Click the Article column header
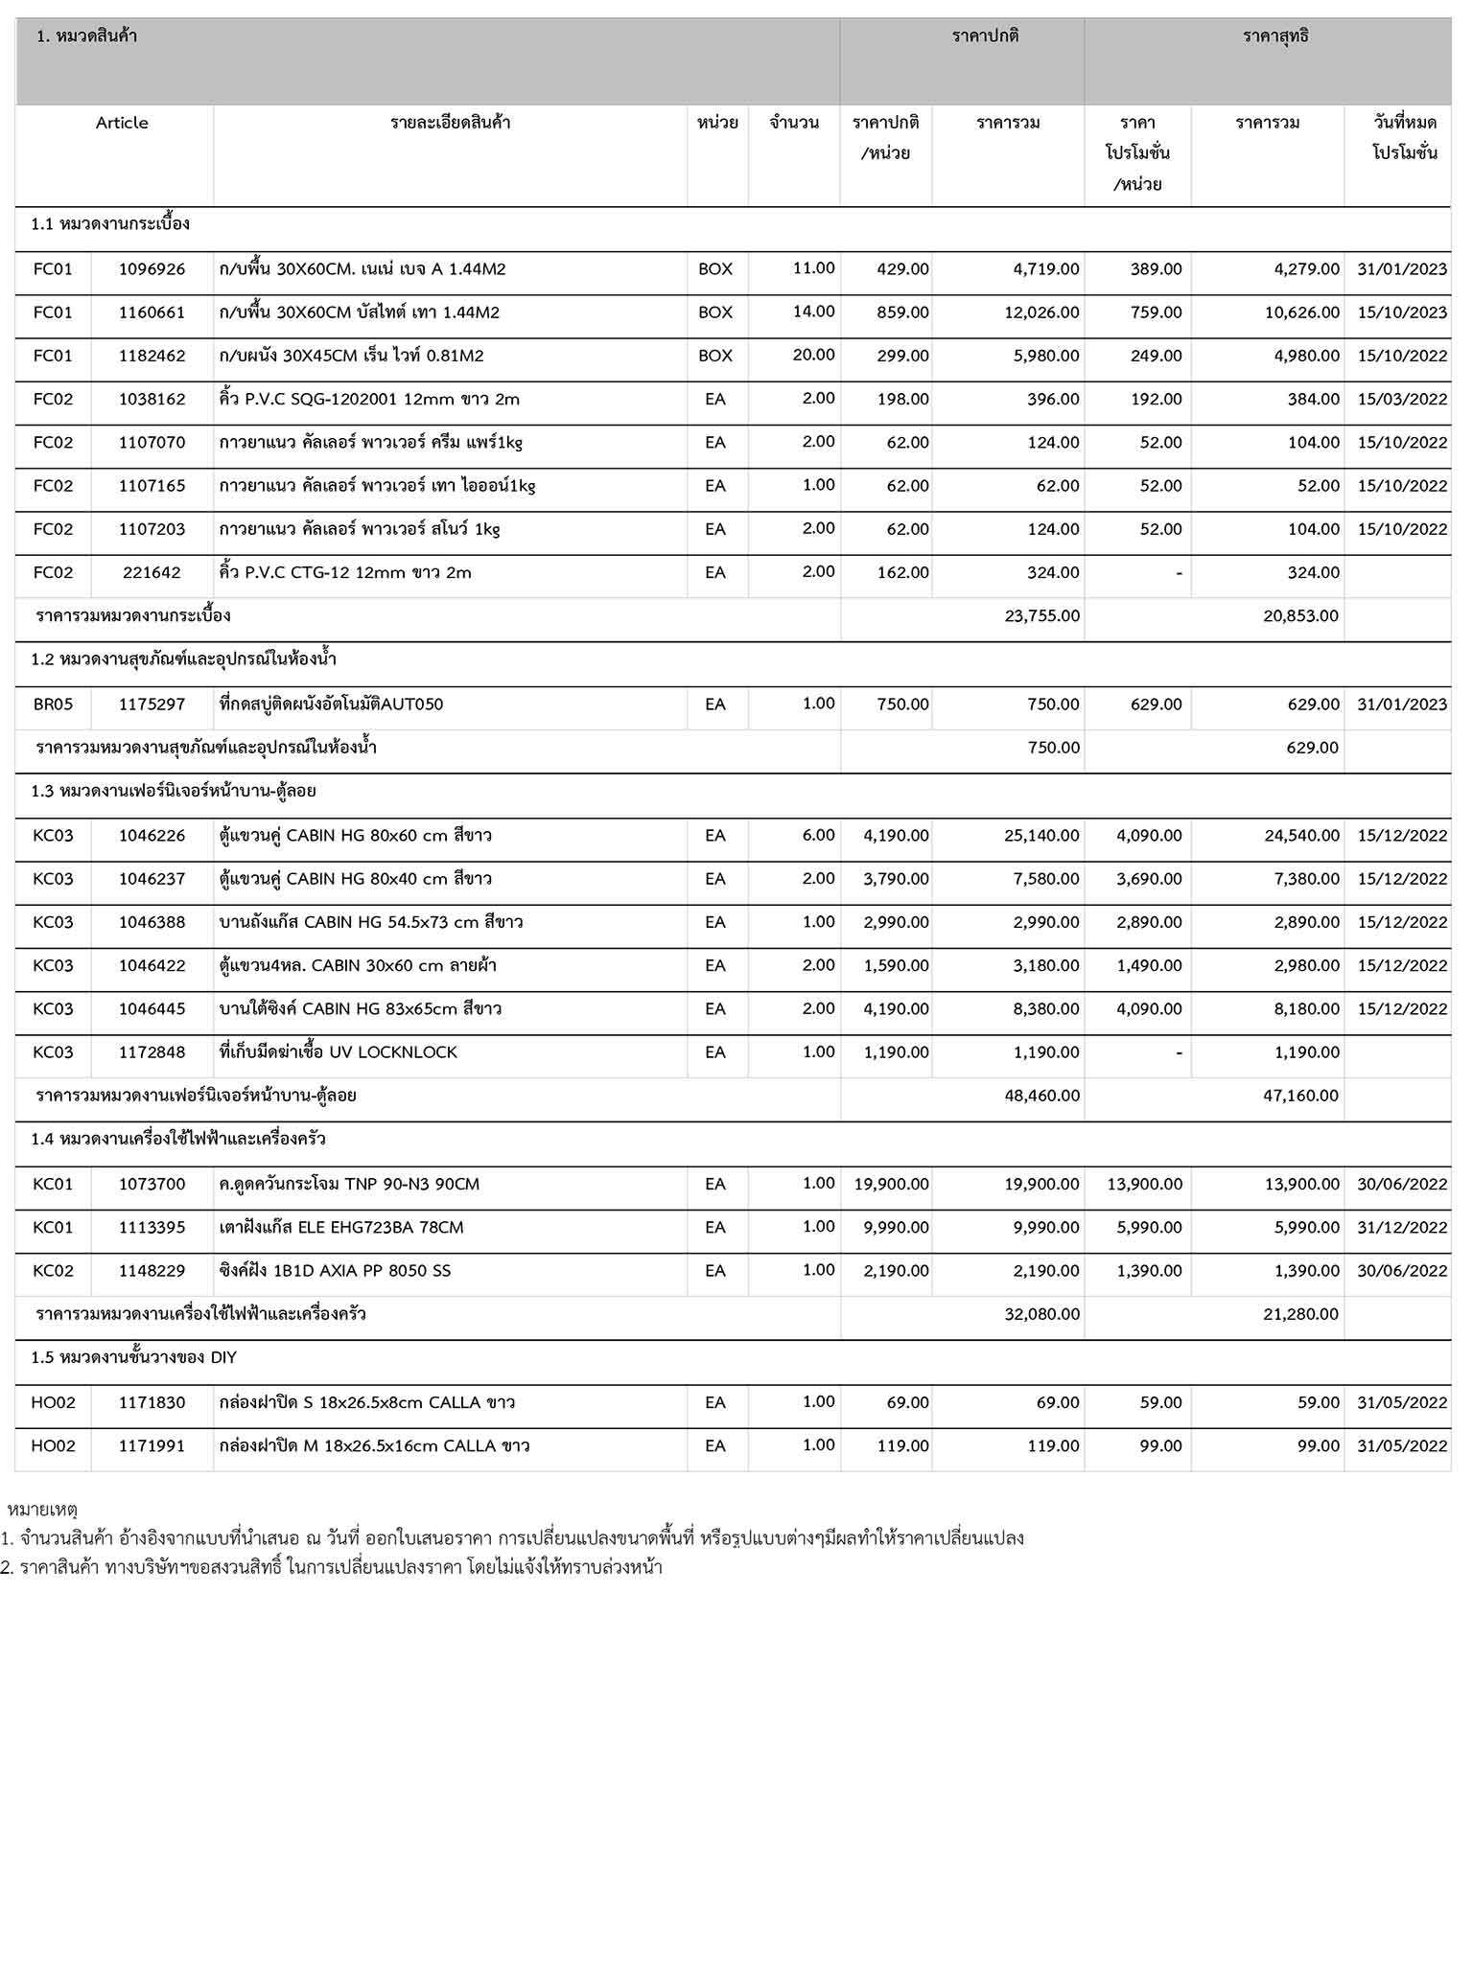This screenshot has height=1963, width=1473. pyautogui.click(x=122, y=123)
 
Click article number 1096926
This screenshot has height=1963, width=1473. pyautogui.click(x=152, y=269)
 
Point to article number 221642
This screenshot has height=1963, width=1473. pyautogui.click(x=152, y=573)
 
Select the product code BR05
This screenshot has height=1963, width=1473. pyautogui.click(x=53, y=704)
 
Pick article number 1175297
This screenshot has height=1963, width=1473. pyautogui.click(x=152, y=704)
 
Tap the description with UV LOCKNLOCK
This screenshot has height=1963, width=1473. pyautogui.click(x=338, y=1052)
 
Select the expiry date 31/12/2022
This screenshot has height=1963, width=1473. pyautogui.click(x=1401, y=1228)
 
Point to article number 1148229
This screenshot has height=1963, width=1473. pyautogui.click(x=152, y=1271)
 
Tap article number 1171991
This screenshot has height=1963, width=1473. pyautogui.click(x=152, y=1446)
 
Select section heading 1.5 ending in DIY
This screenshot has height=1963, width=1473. pyautogui.click(x=133, y=1358)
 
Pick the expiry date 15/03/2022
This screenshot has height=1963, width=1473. pyautogui.click(x=1401, y=399)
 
